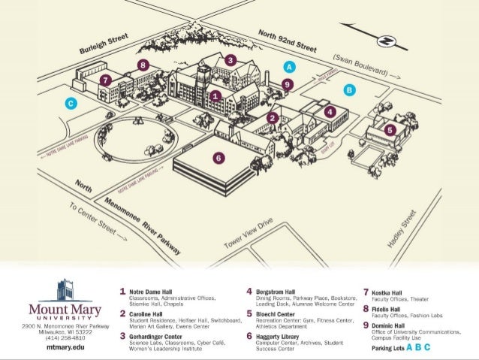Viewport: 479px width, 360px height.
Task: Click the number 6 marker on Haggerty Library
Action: point(218,158)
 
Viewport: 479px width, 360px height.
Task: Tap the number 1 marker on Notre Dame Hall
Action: point(215,95)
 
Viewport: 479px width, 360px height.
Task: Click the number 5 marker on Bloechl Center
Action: point(389,129)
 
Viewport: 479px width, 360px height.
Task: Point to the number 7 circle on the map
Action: point(106,79)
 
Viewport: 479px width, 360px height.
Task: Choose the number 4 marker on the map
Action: point(330,111)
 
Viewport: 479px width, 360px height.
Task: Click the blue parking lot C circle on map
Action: point(70,104)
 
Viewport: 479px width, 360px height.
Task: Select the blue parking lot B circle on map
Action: point(348,89)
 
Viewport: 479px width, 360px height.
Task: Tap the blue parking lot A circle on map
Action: point(288,67)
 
